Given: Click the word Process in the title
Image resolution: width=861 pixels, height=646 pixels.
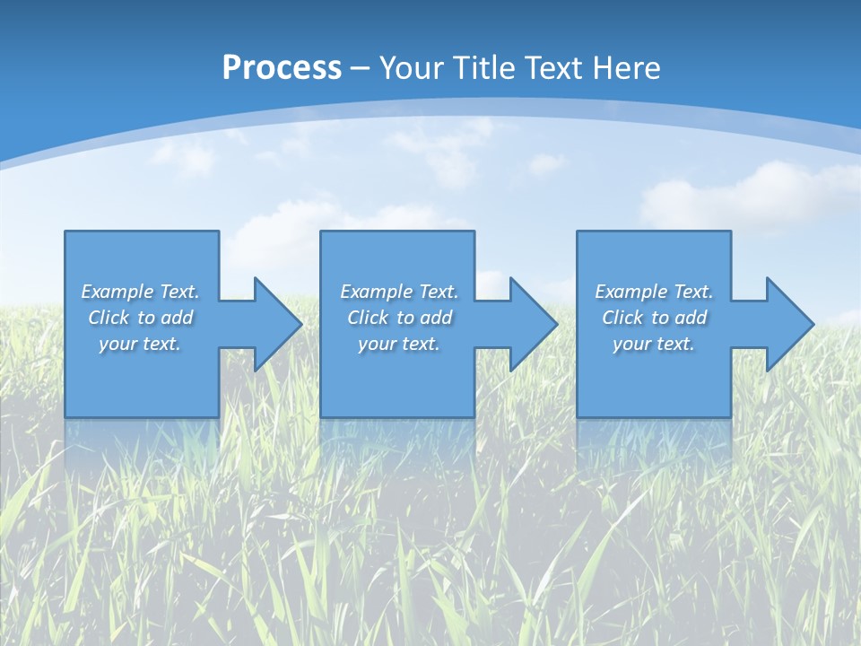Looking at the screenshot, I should (x=282, y=67).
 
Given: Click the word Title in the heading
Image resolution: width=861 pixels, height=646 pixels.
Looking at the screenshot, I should (x=480, y=67).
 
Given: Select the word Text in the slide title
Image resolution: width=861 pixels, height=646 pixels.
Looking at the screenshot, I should (x=554, y=67).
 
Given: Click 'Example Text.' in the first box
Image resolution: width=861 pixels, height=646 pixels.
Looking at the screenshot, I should (x=140, y=292).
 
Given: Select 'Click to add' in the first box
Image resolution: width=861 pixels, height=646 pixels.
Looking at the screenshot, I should (x=140, y=318).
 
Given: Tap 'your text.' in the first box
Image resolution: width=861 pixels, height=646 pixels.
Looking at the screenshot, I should (x=140, y=344).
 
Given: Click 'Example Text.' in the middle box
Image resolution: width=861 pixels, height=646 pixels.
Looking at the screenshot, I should (x=398, y=292).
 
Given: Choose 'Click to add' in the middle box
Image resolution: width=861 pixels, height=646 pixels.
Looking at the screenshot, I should (x=399, y=318).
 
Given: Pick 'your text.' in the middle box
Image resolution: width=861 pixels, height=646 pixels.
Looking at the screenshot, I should (x=398, y=344).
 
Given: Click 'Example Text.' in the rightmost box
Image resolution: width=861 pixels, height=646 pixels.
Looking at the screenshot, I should (x=654, y=292).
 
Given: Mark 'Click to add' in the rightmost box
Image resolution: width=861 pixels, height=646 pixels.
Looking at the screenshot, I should (x=654, y=318).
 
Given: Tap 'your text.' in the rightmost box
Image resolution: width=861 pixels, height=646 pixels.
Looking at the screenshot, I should (x=654, y=344).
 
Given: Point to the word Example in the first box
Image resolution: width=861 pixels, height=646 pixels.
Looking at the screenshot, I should (x=117, y=292).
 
